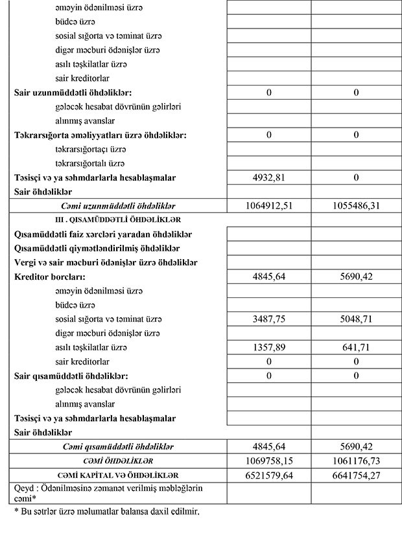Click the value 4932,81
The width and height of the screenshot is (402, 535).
268,177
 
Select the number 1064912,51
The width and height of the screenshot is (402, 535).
268,206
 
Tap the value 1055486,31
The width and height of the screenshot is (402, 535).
356,206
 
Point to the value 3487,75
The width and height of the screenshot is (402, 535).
268,319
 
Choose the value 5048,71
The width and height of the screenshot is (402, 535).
356,319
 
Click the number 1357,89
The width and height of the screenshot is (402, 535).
268,347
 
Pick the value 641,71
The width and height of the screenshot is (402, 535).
356,347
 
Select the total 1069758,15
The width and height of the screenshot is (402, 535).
268,461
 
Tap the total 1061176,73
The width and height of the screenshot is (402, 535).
356,461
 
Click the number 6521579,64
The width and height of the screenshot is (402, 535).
268,475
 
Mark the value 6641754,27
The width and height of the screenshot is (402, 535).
356,475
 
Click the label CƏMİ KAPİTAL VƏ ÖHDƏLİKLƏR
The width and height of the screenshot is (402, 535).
118,475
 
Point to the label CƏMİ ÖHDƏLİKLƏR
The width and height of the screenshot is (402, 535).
118,461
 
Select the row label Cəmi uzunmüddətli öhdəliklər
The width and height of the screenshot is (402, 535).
118,206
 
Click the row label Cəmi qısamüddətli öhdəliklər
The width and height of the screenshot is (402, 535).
118,446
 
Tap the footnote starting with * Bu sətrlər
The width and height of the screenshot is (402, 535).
106,512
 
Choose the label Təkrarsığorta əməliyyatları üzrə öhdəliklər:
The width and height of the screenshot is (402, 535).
100,135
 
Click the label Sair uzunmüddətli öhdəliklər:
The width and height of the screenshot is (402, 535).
77,93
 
